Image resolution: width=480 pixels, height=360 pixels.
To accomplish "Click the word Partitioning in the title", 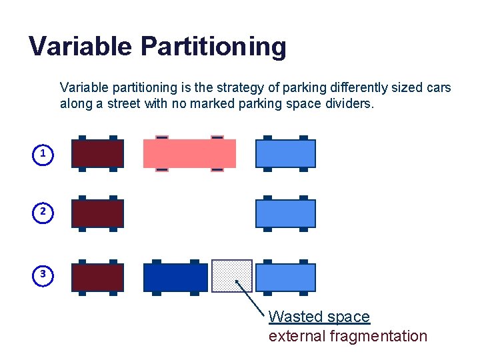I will [x=213, y=47].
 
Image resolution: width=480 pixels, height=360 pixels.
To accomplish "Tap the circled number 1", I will [x=43, y=154].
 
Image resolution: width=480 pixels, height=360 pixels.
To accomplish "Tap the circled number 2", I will [x=43, y=212].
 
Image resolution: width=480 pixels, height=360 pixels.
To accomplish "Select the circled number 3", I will [x=43, y=274].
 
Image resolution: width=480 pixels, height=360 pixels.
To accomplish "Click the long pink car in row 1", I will [x=189, y=153].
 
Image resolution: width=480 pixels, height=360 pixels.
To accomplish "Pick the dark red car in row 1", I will [x=97, y=153].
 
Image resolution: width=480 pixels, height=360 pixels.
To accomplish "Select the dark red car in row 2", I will [x=97, y=213].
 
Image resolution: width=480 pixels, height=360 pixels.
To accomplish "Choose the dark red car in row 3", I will [x=97, y=277].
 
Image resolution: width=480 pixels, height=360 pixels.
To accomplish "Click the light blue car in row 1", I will [x=285, y=153].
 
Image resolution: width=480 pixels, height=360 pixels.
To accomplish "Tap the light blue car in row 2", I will [x=285, y=213].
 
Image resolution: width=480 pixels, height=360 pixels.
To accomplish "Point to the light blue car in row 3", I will [x=285, y=277].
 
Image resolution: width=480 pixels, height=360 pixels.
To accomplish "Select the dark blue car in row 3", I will [x=175, y=277].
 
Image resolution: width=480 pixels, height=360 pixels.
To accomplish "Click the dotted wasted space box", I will [x=231, y=275].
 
